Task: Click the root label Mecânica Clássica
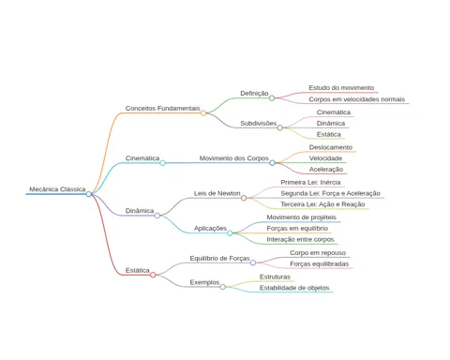(x=57, y=189)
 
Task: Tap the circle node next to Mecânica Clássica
(x=89, y=194)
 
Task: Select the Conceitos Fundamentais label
(x=162, y=108)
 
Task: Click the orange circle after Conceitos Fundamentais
(x=203, y=112)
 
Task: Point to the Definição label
(x=254, y=93)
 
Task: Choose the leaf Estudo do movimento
(x=341, y=88)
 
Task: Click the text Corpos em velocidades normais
(x=357, y=99)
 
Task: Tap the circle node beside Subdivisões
(x=280, y=127)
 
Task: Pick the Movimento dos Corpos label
(x=234, y=158)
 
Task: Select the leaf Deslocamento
(x=331, y=147)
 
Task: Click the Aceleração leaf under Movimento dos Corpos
(x=326, y=170)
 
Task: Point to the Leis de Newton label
(x=217, y=193)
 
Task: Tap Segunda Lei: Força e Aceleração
(x=330, y=193)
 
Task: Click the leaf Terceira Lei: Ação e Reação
(x=322, y=204)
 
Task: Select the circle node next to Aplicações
(x=230, y=233)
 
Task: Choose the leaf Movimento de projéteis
(x=301, y=217)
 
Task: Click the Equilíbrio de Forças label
(x=219, y=259)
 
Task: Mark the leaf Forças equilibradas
(x=319, y=264)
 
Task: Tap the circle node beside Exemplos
(x=222, y=287)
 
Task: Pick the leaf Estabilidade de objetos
(x=294, y=288)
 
